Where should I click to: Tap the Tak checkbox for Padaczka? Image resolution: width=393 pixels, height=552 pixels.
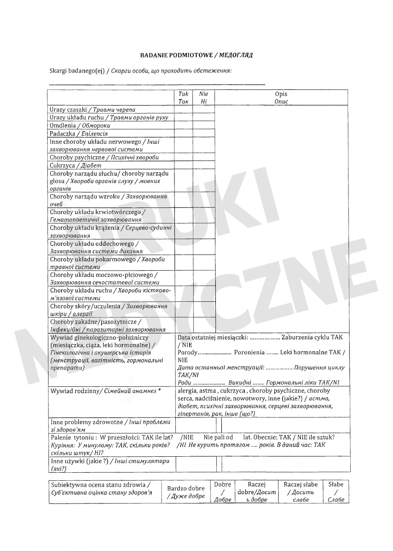[x=183, y=133]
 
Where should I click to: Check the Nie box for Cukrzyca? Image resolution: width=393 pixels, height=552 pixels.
[x=204, y=165]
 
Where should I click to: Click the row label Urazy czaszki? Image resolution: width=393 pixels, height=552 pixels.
[x=68, y=110]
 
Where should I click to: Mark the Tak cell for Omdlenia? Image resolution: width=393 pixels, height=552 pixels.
[x=183, y=126]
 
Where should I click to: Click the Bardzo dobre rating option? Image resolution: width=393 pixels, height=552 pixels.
[x=186, y=492]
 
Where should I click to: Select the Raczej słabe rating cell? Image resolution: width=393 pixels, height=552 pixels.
[x=300, y=492]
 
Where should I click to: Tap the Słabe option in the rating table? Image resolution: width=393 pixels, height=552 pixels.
[x=336, y=492]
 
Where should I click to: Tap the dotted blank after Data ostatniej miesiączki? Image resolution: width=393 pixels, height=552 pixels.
[x=264, y=338]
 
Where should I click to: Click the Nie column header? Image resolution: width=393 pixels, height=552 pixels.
[x=204, y=97]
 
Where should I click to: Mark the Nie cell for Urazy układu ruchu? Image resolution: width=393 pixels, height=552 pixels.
[x=204, y=118]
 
